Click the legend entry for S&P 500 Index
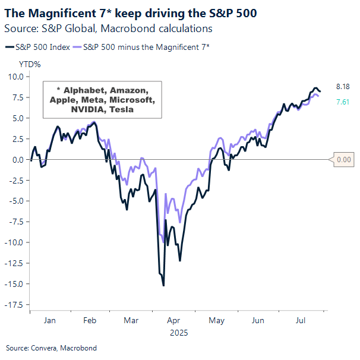[42, 46]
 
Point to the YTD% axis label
[30, 64]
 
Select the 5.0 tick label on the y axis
[17, 118]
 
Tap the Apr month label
[174, 320]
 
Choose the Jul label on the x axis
[301, 320]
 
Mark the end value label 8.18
[343, 87]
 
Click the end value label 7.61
[343, 102]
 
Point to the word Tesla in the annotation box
[121, 109]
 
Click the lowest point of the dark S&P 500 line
[163, 286]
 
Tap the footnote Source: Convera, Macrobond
[51, 348]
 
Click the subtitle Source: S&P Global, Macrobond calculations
[108, 28]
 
